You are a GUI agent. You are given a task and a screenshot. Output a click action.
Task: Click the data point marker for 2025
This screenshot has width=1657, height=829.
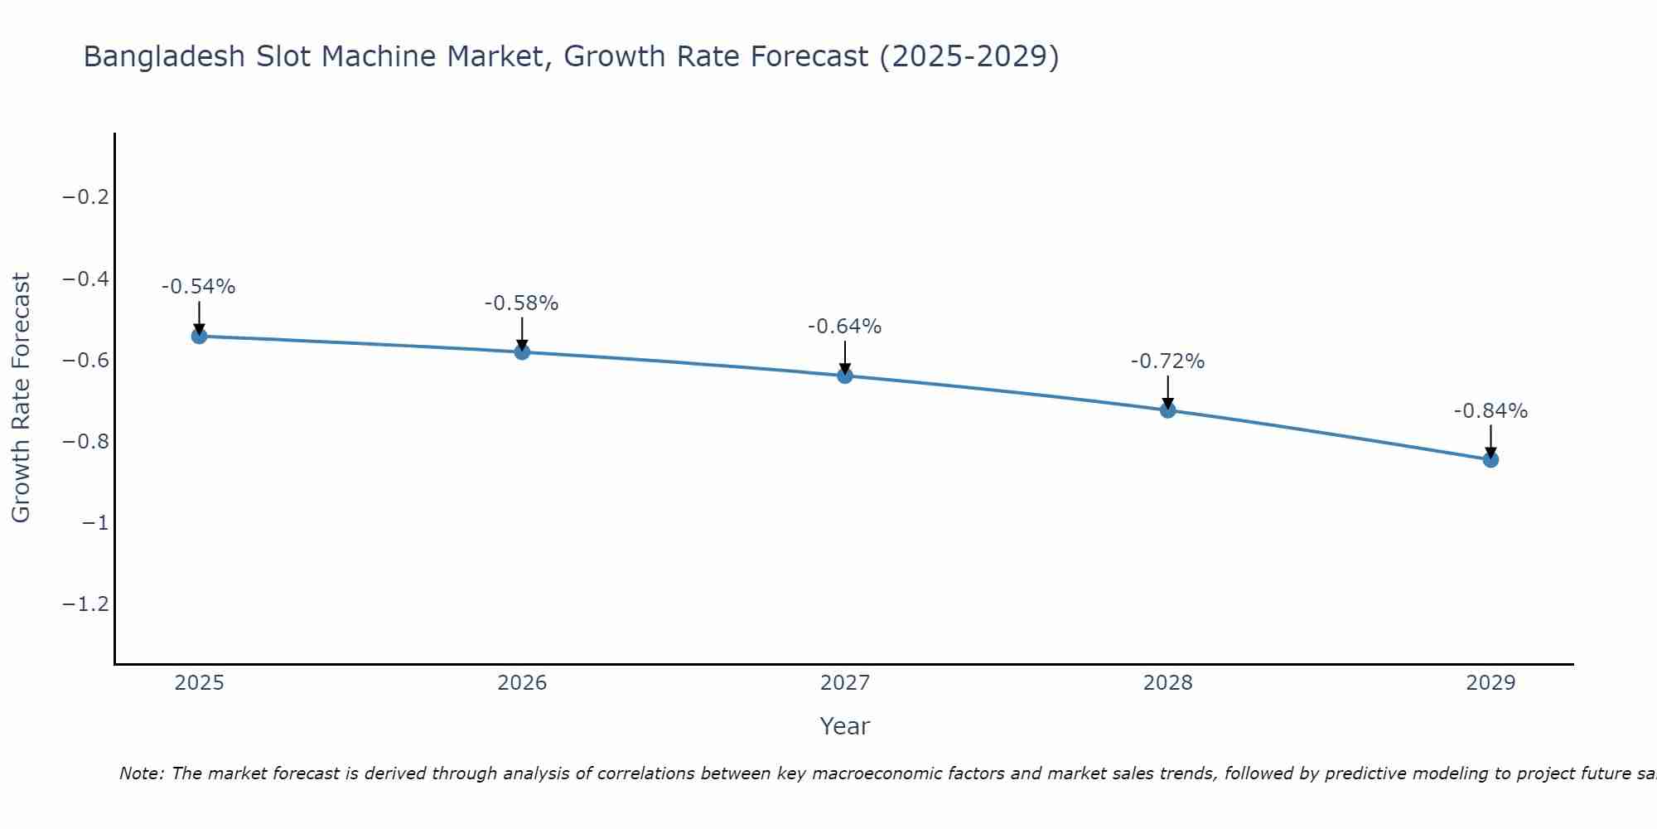(x=199, y=336)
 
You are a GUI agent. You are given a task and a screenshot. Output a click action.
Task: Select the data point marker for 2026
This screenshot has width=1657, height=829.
(x=522, y=351)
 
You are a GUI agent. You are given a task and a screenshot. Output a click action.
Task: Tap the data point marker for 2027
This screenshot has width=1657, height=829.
(x=845, y=376)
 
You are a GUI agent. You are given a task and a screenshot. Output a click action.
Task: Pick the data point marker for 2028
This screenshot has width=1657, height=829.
(x=1168, y=410)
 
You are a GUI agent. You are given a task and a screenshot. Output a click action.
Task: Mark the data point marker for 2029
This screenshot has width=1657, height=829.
(x=1490, y=459)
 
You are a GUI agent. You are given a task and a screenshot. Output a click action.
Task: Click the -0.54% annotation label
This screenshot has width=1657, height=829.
(x=199, y=287)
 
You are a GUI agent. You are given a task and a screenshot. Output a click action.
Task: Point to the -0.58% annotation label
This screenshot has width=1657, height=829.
(x=522, y=303)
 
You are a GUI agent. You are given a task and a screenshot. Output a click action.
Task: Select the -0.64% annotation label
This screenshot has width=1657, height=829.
(x=845, y=327)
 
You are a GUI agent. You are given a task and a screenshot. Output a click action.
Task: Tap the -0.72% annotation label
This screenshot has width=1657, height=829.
(x=1168, y=361)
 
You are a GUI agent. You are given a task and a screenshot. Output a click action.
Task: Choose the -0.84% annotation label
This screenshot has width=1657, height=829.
(x=1490, y=411)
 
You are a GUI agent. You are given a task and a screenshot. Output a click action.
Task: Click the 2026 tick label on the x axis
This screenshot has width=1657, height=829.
(x=522, y=683)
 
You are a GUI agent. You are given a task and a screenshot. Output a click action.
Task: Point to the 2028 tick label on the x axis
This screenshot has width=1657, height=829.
(x=1168, y=683)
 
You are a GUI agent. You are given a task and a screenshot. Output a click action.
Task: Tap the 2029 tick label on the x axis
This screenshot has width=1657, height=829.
(x=1490, y=683)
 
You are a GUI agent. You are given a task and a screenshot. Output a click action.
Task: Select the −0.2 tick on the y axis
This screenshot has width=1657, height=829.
(x=86, y=197)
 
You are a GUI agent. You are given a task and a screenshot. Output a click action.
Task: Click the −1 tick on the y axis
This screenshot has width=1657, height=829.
(x=95, y=522)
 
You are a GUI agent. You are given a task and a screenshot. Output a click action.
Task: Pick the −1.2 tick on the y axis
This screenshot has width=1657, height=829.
(x=86, y=604)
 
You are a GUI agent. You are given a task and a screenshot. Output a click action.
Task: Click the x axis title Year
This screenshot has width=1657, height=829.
(x=845, y=726)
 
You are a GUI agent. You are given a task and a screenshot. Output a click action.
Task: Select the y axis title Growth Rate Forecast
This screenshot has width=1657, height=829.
(x=21, y=398)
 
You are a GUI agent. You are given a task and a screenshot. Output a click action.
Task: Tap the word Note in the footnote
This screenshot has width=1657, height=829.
(x=141, y=773)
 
